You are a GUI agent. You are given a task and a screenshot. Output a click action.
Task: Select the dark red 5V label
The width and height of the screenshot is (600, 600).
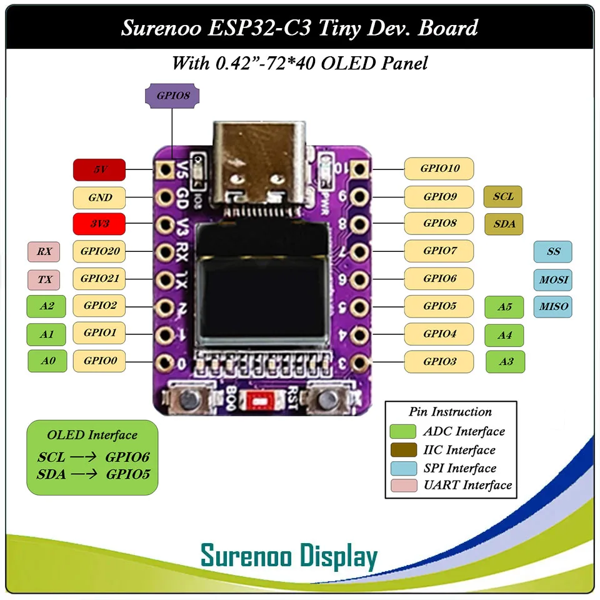click(x=99, y=169)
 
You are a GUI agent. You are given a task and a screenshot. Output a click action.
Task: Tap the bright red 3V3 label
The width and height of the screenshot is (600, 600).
click(x=99, y=223)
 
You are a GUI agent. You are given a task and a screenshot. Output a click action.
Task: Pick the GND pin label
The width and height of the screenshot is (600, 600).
click(x=99, y=197)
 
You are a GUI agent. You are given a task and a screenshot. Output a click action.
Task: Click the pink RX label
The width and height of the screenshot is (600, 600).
click(x=44, y=251)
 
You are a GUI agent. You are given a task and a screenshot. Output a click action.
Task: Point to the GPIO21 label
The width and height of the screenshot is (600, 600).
click(x=99, y=278)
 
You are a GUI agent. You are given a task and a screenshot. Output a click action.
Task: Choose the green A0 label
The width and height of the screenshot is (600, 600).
click(x=47, y=361)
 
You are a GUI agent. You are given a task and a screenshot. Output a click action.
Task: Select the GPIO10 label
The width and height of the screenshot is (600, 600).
click(x=439, y=169)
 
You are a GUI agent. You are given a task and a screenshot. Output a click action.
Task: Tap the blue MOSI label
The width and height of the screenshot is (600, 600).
click(x=553, y=279)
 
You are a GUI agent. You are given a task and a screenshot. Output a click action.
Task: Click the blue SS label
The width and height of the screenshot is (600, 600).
click(x=553, y=252)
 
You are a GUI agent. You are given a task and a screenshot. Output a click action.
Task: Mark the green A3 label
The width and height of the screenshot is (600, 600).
click(x=505, y=361)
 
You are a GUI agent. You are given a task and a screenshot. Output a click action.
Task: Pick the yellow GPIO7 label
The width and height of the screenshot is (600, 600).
click(x=439, y=251)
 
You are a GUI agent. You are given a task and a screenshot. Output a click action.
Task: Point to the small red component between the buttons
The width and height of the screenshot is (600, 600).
click(x=256, y=399)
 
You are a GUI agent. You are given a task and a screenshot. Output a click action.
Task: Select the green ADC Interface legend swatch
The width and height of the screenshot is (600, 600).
click(x=402, y=431)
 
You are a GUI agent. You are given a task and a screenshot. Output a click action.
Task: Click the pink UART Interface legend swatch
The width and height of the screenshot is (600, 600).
click(x=402, y=485)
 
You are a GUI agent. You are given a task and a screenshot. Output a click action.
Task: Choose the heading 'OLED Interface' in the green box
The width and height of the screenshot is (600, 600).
click(x=92, y=435)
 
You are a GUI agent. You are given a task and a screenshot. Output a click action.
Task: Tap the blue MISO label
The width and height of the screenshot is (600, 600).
click(x=553, y=306)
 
